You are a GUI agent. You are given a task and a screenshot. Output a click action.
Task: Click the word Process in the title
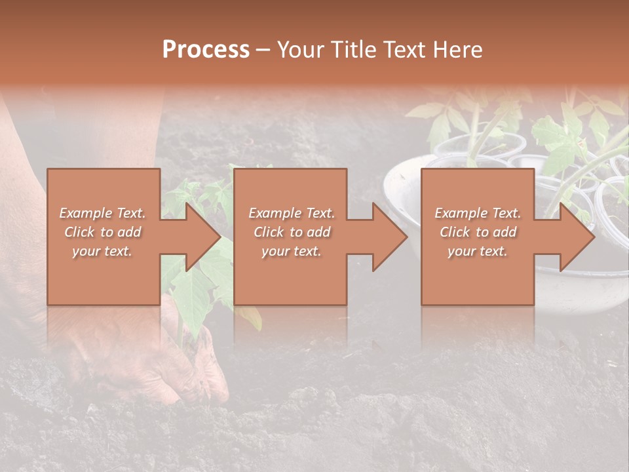click(x=206, y=50)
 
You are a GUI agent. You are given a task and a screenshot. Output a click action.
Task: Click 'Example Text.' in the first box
click(x=103, y=213)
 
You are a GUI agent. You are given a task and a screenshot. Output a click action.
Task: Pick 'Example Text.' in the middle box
click(x=292, y=213)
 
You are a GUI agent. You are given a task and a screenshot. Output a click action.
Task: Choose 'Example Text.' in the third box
click(x=478, y=213)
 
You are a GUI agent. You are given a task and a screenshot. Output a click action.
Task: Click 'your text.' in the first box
click(x=103, y=251)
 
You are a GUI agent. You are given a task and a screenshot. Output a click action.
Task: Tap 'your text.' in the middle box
click(x=292, y=251)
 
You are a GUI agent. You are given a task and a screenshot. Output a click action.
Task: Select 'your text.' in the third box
click(x=478, y=251)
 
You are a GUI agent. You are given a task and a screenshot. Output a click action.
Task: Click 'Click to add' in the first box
click(x=103, y=232)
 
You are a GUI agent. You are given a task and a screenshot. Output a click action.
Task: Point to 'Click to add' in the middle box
click(x=292, y=232)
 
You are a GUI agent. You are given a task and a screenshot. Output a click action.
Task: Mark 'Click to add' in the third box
click(x=478, y=232)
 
